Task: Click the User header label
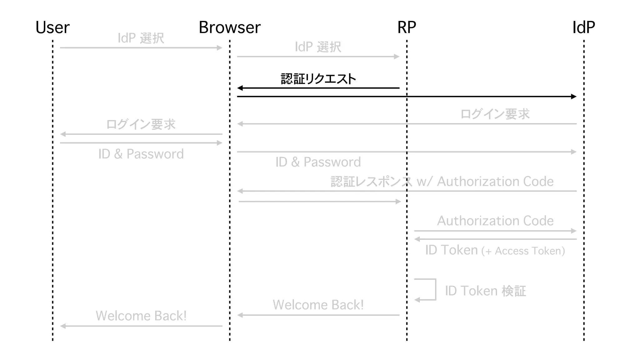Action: point(52,27)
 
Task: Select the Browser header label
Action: point(230,27)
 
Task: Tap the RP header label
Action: point(407,27)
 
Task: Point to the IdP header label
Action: point(583,27)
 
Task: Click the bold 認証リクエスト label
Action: point(318,79)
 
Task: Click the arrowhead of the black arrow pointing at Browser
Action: point(240,88)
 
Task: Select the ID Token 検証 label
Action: point(485,291)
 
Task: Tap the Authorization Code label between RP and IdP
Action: point(495,221)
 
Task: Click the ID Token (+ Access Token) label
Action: point(495,250)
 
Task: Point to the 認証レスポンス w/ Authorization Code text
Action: point(442,182)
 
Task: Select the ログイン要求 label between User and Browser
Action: point(141,124)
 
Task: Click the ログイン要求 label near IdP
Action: point(495,114)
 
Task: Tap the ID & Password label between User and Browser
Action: point(141,154)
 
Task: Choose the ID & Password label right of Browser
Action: point(318,162)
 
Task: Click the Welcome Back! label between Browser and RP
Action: point(318,305)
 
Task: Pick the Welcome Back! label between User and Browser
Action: point(141,316)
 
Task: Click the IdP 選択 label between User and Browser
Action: point(141,38)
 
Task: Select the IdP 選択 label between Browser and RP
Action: point(318,47)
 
